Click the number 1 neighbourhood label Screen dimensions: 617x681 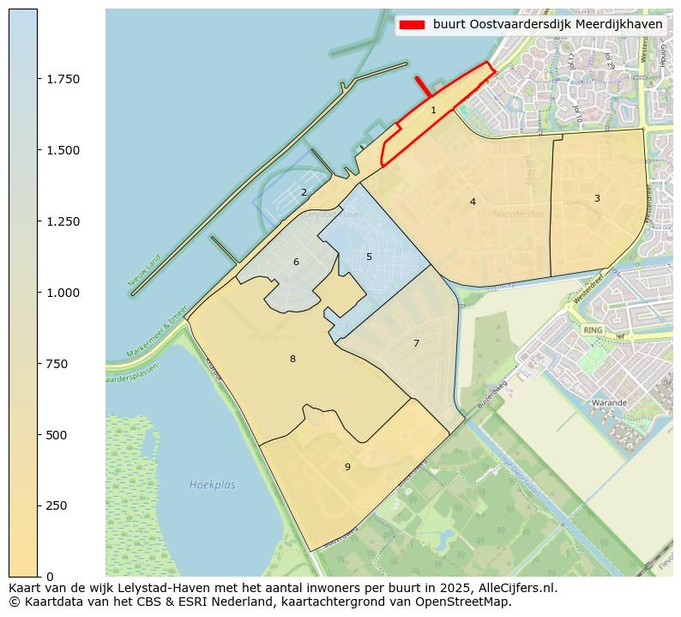433,110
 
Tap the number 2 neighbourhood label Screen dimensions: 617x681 304,192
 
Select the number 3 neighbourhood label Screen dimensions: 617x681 597,198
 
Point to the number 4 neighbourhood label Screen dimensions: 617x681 473,202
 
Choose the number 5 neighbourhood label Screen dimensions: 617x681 369,257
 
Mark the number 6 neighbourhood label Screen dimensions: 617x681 296,262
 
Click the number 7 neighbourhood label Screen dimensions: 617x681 416,343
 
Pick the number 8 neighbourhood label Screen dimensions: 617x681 292,359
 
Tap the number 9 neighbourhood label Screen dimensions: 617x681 347,467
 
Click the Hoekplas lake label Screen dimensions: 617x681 212,485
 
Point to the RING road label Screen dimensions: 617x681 593,330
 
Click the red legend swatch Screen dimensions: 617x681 412,25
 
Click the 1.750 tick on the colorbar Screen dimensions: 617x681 63,79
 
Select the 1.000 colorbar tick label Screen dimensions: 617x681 63,293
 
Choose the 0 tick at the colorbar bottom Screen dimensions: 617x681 50,577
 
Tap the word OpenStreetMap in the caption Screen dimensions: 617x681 471,602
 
